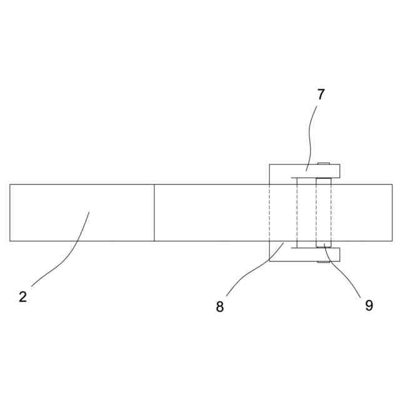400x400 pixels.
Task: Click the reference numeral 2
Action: click(x=22, y=297)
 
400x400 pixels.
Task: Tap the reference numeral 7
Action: click(x=321, y=94)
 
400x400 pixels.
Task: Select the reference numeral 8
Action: click(x=219, y=307)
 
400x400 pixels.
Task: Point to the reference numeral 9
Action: click(x=369, y=305)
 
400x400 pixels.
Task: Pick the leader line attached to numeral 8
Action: click(x=250, y=269)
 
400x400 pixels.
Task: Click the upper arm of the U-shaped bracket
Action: click(x=312, y=171)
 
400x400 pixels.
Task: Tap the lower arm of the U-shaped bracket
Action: click(x=312, y=254)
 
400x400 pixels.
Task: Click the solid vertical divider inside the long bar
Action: click(x=154, y=212)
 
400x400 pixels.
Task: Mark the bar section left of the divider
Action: click(x=81, y=212)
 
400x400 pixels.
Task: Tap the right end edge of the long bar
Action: click(x=392, y=212)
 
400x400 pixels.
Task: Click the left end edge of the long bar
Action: click(x=10, y=212)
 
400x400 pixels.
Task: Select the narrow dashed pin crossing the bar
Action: click(x=323, y=212)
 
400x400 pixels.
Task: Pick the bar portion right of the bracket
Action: click(x=366, y=212)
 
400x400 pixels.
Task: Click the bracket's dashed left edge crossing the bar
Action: click(x=269, y=212)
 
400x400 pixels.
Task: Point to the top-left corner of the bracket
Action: click(x=269, y=164)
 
